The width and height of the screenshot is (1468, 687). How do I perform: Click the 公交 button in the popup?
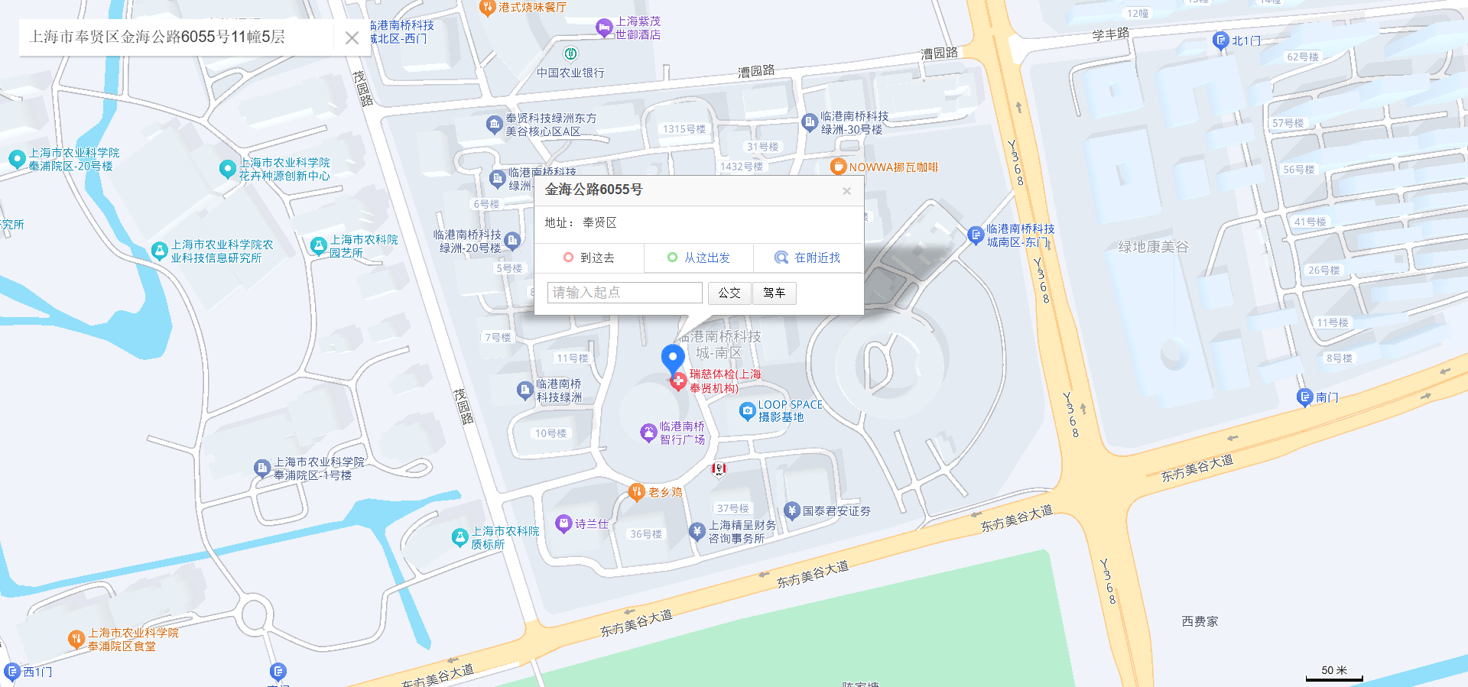point(729,293)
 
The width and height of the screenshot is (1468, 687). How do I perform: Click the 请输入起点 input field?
point(624,293)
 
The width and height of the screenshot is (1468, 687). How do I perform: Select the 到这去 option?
point(589,258)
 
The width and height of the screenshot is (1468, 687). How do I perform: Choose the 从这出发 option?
point(698,258)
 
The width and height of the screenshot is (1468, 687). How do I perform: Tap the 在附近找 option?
point(807,258)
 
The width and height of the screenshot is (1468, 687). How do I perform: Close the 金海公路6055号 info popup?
point(846,191)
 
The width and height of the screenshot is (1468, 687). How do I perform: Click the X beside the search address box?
point(352,37)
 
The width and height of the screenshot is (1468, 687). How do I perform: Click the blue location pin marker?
point(672,358)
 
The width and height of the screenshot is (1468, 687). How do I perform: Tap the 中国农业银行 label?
point(570,73)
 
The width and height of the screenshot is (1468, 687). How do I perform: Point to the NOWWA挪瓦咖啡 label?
point(893,167)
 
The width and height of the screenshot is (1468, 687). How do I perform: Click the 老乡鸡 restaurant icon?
point(636,492)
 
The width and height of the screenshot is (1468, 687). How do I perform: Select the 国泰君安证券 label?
point(836,511)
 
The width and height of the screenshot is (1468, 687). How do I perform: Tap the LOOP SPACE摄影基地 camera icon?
point(748,411)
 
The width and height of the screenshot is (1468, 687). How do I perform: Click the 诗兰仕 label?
point(591,524)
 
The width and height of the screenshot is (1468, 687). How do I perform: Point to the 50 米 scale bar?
point(1334,672)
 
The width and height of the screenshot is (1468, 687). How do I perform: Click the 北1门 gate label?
point(1246,41)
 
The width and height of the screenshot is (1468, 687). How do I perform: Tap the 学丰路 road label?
point(1110,34)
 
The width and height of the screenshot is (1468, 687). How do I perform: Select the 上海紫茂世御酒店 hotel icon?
point(604,28)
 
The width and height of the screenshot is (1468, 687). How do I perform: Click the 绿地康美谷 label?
point(1153,247)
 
